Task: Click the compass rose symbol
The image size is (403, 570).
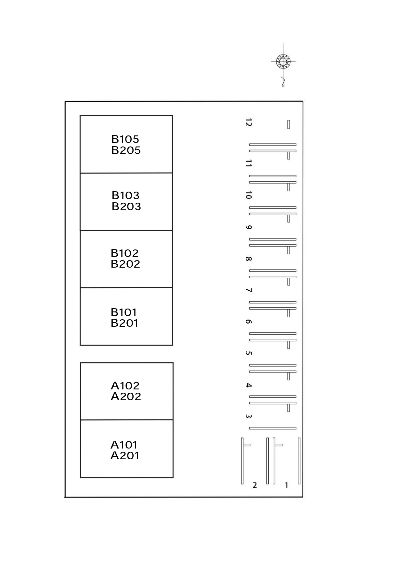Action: [x=283, y=61]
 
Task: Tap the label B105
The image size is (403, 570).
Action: [x=125, y=139]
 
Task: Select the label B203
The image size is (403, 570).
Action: [x=126, y=207]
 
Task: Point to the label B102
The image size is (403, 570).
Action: [x=124, y=253]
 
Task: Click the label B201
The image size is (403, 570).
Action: [x=124, y=323]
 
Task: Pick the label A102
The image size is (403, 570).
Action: [x=125, y=386]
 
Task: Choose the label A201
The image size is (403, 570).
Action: [x=125, y=456]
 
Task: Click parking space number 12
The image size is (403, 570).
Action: [x=248, y=122]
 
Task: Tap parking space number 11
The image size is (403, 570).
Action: [x=248, y=163]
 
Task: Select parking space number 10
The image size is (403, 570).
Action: [x=248, y=195]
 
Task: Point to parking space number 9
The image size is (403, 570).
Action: [x=248, y=227]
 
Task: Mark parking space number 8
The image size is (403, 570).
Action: [x=248, y=259]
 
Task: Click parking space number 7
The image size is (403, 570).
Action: [x=248, y=290]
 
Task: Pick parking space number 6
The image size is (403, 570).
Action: [x=248, y=322]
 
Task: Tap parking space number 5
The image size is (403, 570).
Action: [x=248, y=353]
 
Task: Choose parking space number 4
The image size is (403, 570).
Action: [x=248, y=385]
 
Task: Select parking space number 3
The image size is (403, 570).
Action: [x=248, y=416]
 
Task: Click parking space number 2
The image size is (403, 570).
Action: [x=255, y=485]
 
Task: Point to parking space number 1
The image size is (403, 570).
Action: [x=286, y=485]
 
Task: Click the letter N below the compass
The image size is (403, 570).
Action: [x=283, y=86]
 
